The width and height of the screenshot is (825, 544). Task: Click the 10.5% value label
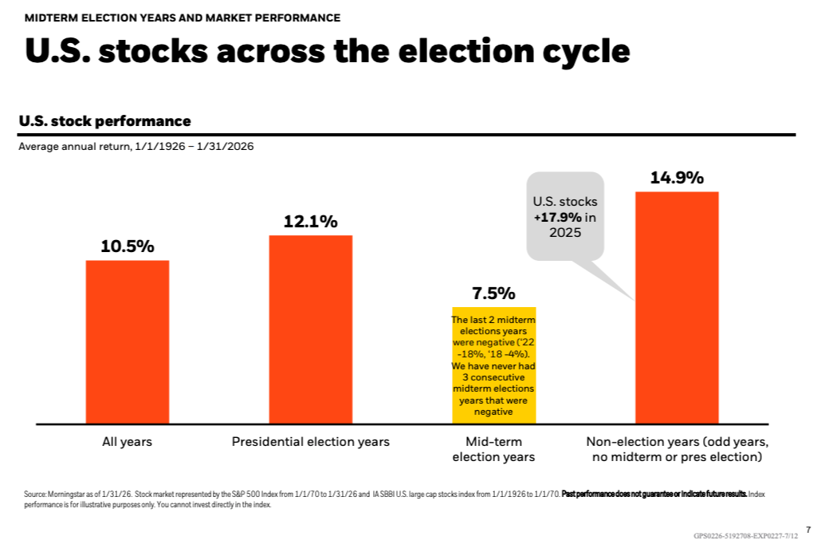(x=128, y=246)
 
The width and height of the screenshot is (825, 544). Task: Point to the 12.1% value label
(x=311, y=222)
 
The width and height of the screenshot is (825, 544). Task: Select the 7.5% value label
(x=494, y=294)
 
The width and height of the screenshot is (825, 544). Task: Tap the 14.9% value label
(x=677, y=178)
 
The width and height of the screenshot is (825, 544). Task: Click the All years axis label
(x=127, y=441)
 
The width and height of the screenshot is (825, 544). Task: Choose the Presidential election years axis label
(x=311, y=441)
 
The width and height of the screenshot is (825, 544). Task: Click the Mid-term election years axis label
(x=493, y=449)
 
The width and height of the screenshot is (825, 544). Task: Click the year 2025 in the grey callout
(x=565, y=233)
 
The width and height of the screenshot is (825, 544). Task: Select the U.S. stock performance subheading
(x=104, y=121)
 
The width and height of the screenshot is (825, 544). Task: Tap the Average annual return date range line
(x=136, y=147)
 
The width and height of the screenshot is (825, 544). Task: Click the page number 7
(x=807, y=528)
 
